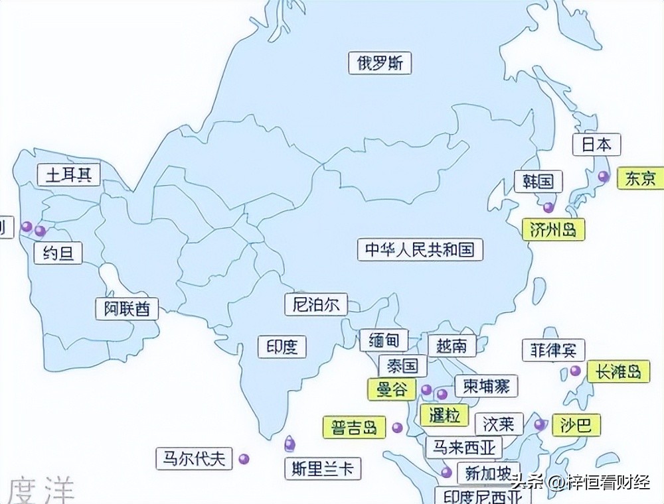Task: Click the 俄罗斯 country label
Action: [380, 64]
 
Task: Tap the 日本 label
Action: [596, 145]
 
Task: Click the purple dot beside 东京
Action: [603, 176]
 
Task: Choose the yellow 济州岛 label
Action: [553, 230]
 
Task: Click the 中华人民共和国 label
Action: [420, 250]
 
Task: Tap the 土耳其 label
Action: [68, 175]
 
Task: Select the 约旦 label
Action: [58, 253]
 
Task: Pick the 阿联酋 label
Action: [127, 308]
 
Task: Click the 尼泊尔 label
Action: [316, 304]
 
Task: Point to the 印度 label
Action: [282, 346]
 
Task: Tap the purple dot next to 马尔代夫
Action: [244, 458]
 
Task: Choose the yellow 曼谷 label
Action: [392, 389]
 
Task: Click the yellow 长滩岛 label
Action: [618, 372]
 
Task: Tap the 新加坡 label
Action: [488, 473]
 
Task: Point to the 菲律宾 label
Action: [553, 349]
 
